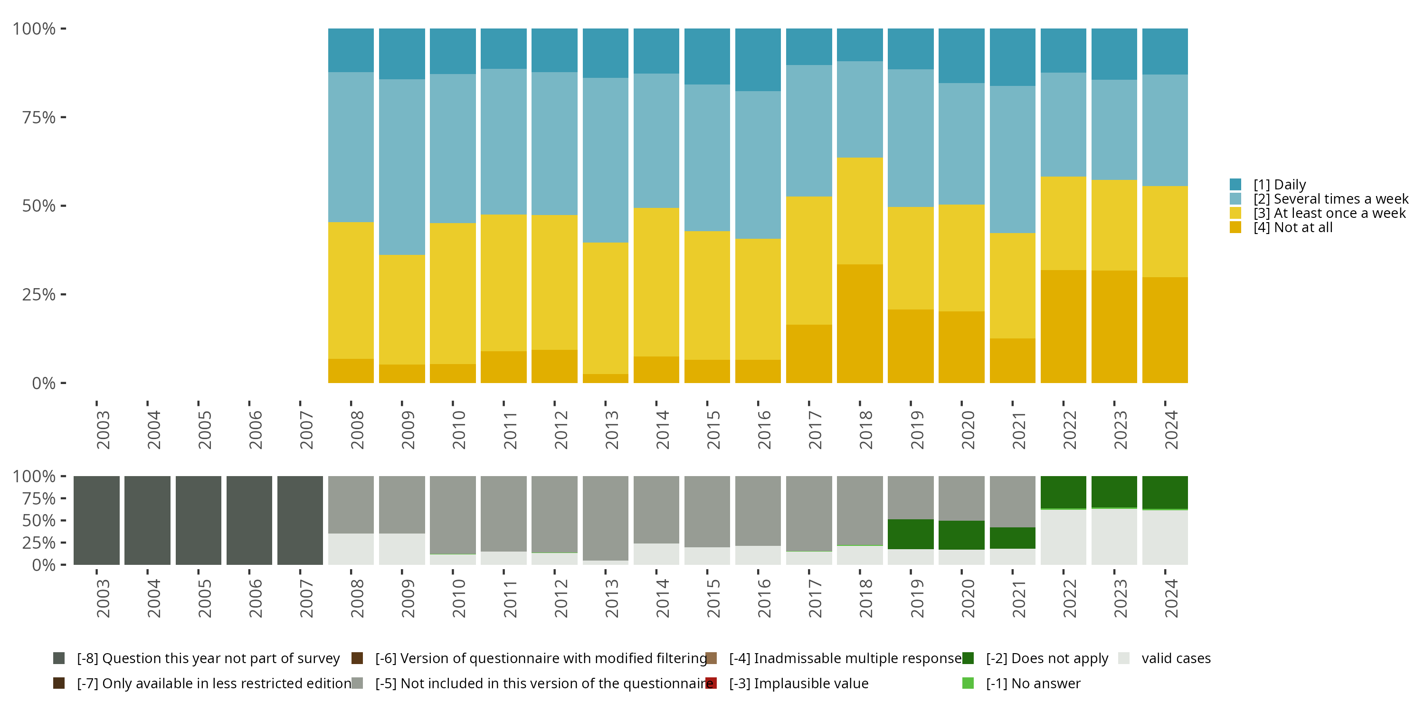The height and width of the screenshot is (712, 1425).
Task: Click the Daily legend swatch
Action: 1235,185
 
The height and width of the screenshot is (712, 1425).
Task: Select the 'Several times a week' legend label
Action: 1330,199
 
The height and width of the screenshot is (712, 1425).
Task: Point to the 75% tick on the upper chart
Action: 39,117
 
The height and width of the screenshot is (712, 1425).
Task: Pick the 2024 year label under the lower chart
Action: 1170,598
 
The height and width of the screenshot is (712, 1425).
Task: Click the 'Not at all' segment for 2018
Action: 860,323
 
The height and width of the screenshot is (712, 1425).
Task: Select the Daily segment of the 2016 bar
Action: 758,60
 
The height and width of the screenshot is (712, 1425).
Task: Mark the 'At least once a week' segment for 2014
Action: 656,282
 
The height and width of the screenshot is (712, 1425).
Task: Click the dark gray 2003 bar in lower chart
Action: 97,520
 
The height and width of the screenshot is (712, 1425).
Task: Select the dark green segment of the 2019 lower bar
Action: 911,534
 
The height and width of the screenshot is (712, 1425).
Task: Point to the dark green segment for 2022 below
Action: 1063,492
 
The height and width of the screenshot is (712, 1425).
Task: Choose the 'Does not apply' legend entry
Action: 1046,658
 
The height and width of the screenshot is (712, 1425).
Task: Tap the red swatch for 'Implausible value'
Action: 712,683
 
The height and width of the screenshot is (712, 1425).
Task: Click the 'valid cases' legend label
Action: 1176,658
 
